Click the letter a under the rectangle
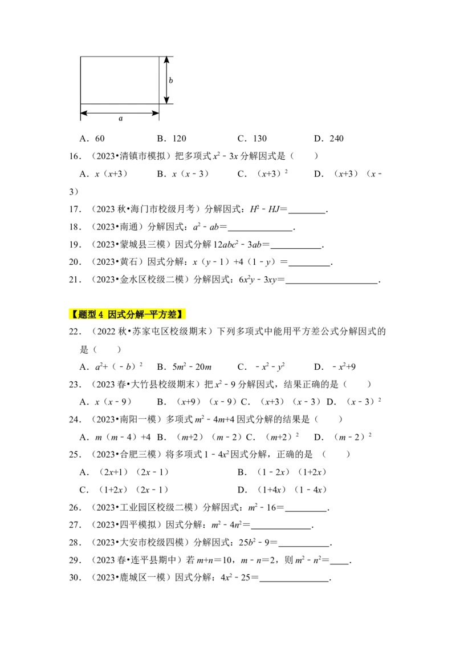120,119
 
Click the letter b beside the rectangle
170,80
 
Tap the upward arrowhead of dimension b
166,59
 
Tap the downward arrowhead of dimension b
166,100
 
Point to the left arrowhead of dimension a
83,113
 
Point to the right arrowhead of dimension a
156,113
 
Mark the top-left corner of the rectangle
80,56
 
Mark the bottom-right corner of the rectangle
159,104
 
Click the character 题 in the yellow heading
83,314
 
